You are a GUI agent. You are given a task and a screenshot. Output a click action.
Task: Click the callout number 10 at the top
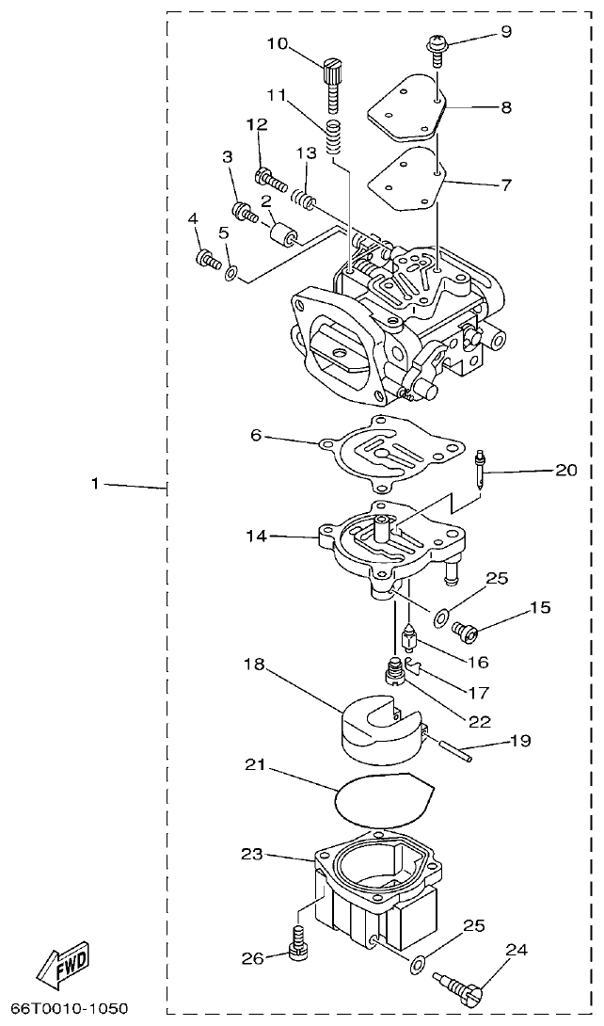click(x=278, y=43)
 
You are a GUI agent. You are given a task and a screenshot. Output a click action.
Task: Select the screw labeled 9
click(x=438, y=46)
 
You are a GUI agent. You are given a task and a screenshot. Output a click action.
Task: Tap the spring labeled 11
click(x=332, y=137)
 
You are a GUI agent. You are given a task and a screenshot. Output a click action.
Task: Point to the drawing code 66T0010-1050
click(x=66, y=1009)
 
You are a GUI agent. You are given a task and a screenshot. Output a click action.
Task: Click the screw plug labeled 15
click(x=465, y=628)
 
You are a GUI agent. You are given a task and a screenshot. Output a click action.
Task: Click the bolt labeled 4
click(x=205, y=257)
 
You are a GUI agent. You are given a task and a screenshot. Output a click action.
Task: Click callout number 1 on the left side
click(x=95, y=484)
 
